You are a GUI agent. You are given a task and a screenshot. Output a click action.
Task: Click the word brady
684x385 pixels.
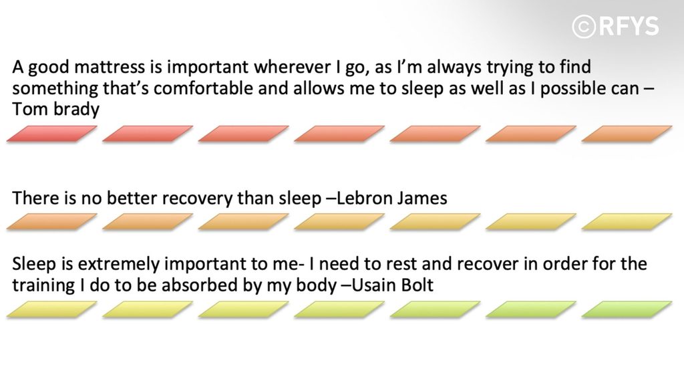76,109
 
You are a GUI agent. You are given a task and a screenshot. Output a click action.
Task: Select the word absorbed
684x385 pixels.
198,285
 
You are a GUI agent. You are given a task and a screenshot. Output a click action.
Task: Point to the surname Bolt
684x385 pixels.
417,285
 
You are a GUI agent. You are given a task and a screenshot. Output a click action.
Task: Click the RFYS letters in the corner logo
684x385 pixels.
629,26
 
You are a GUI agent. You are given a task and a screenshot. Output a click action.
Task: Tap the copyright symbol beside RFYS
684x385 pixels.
584,26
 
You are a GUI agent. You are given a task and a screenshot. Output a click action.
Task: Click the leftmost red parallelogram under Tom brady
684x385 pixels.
52,134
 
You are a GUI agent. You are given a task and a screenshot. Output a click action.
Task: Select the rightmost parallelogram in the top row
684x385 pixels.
627,134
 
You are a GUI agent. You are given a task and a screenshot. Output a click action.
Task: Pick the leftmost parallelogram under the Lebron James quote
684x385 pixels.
52,221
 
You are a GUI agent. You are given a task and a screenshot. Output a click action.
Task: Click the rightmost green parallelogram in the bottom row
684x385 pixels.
627,309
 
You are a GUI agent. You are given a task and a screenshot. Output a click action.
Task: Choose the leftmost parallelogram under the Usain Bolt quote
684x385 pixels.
52,309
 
